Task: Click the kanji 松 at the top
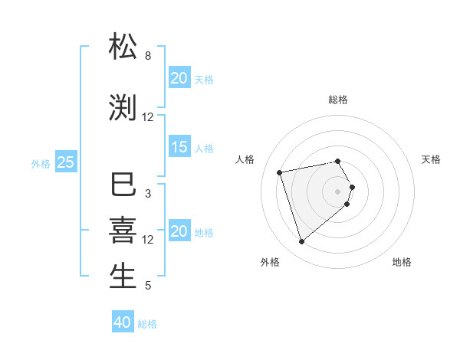click(123, 47)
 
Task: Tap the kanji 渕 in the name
click(123, 107)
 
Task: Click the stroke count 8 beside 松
click(148, 56)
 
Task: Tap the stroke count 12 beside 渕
click(148, 117)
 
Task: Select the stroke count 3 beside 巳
click(148, 194)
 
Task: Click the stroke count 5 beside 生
click(148, 286)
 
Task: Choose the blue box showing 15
click(179, 147)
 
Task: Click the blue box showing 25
click(66, 162)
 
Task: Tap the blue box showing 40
click(123, 322)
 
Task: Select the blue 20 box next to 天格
click(179, 78)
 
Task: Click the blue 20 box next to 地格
click(179, 231)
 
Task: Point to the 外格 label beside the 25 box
click(41, 163)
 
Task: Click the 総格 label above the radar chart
click(338, 100)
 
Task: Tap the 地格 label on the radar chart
click(402, 262)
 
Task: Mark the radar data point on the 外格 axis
click(301, 242)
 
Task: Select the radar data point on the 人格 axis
click(280, 172)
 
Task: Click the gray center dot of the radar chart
click(338, 191)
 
